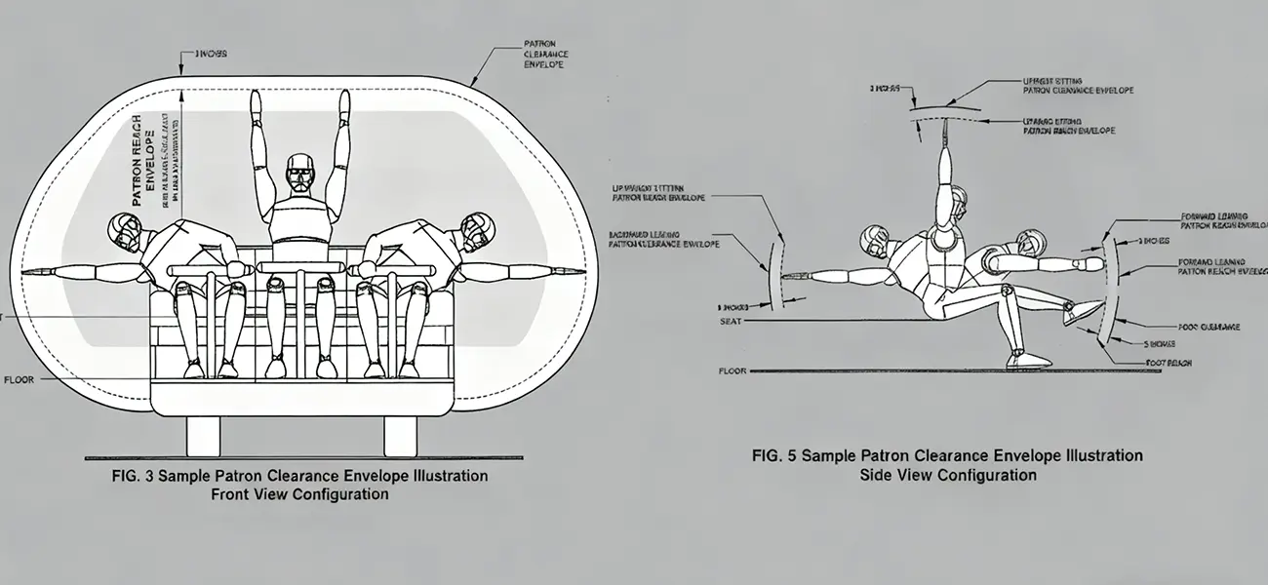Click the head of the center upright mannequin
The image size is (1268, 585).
(x=299, y=176)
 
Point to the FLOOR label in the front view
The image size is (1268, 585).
(x=20, y=379)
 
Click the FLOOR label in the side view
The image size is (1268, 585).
(x=733, y=371)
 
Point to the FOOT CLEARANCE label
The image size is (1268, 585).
(x=1206, y=328)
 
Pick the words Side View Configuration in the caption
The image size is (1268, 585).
(x=948, y=475)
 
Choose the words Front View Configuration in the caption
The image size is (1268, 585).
(x=299, y=494)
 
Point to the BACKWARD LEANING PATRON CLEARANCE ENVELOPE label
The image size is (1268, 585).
(x=664, y=240)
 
